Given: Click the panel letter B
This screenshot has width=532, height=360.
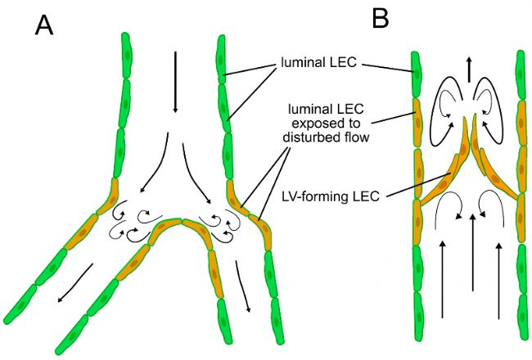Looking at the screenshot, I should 380,18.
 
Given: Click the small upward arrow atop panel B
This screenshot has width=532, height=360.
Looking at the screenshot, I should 468,70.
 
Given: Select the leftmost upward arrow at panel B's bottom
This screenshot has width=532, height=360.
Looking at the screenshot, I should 442,278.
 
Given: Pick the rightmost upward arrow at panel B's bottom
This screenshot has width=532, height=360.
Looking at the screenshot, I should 498,278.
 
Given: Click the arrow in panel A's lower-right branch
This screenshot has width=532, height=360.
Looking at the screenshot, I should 242,286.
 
